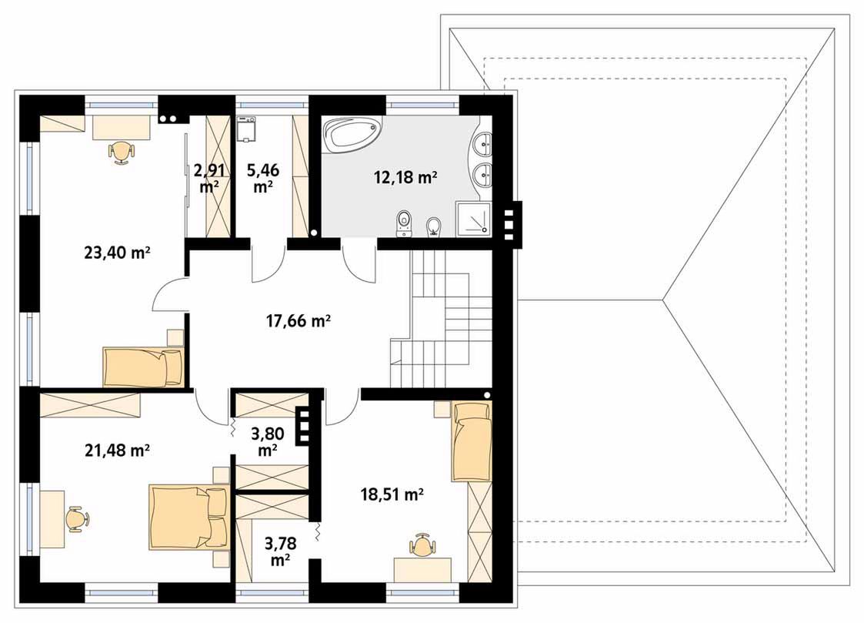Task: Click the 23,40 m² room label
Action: click(x=118, y=253)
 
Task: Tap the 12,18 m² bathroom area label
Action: click(x=405, y=177)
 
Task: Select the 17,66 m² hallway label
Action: click(x=298, y=320)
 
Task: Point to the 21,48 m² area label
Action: click(x=118, y=451)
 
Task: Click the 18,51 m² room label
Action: click(x=392, y=494)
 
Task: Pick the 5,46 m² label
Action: click(x=263, y=178)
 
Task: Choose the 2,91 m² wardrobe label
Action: click(x=208, y=178)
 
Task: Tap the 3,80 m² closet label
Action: click(x=267, y=442)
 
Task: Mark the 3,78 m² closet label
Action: click(x=281, y=552)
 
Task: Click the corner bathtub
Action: click(x=352, y=134)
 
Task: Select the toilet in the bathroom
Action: click(x=405, y=223)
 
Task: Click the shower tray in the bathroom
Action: click(x=472, y=219)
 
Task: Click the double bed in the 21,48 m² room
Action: click(x=188, y=517)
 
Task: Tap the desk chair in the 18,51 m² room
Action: click(x=422, y=544)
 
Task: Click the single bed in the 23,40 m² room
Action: click(x=142, y=367)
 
